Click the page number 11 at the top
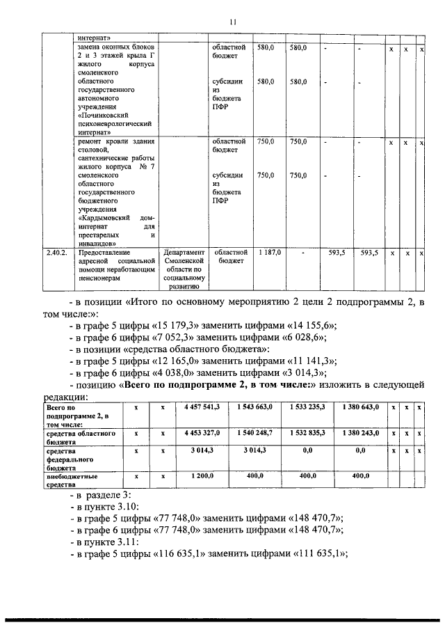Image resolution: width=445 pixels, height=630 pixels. [233, 22]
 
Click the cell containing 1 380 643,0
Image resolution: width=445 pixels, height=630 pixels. [360, 406]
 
